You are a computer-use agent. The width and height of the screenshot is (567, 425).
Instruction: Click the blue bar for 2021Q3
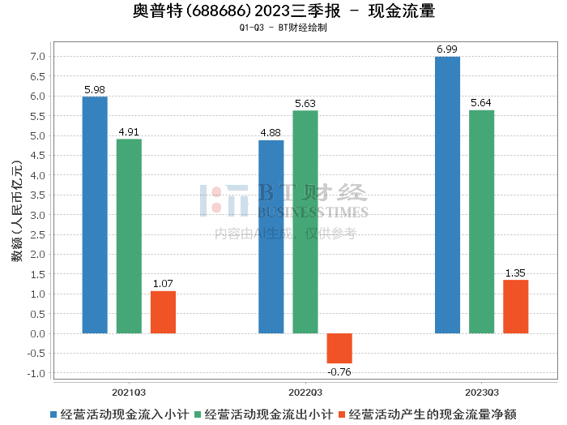point(95,215)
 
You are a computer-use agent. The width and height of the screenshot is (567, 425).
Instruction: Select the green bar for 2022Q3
point(305,222)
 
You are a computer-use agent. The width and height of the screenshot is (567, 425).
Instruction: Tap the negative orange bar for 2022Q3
point(339,348)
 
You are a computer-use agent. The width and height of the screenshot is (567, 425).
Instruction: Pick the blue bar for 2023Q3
point(447,195)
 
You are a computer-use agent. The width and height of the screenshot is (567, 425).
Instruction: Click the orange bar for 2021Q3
point(163,312)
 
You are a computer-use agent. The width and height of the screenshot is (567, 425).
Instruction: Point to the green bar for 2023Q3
point(481,221)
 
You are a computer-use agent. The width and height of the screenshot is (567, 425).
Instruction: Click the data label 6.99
point(447,49)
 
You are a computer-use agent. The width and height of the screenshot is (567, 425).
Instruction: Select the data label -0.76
point(339,371)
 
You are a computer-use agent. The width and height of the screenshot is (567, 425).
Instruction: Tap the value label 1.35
point(515,273)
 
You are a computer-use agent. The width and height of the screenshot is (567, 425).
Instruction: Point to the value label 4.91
point(129,131)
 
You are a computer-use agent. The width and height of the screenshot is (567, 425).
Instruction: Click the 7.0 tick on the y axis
point(37,57)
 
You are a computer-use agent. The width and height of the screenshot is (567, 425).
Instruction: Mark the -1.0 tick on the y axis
point(36,373)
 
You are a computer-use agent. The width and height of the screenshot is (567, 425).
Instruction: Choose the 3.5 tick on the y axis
point(37,195)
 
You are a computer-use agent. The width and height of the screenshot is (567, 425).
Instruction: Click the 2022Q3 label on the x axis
point(305,393)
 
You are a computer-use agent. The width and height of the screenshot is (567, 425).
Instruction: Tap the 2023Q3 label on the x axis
point(482,393)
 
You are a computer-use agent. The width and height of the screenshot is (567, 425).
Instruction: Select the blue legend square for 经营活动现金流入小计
point(53,414)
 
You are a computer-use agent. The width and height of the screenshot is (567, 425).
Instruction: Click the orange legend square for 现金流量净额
point(342,414)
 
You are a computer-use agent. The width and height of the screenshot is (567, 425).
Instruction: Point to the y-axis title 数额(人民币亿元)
point(17,211)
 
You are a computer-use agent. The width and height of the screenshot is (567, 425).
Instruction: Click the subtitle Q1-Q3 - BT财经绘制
point(283,28)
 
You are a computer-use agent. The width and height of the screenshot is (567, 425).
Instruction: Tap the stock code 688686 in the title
point(219,11)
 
